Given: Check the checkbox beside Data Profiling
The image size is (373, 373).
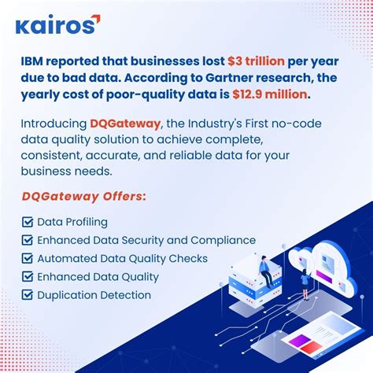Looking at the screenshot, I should click(x=27, y=222).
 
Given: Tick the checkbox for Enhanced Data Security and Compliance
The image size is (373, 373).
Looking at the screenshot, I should click(x=27, y=240).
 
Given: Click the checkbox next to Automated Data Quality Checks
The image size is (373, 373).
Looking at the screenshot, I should click(x=27, y=258).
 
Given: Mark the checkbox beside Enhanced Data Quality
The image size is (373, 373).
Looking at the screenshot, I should click(x=27, y=276).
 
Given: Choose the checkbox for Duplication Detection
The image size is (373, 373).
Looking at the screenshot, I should click(x=27, y=295).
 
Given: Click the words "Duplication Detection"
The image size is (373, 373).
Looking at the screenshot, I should click(x=94, y=295).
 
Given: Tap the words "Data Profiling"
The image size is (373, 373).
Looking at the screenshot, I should click(x=72, y=222).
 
